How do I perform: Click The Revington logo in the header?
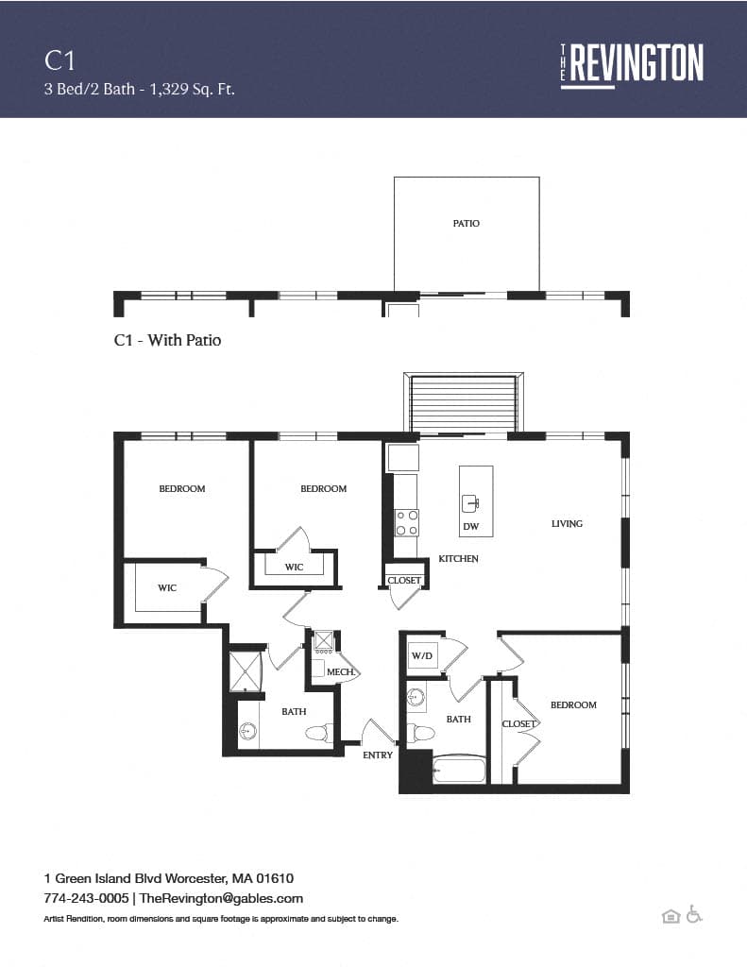click(632, 65)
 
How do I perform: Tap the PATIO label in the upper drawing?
click(467, 223)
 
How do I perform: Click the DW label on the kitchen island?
click(471, 526)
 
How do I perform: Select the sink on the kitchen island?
click(470, 504)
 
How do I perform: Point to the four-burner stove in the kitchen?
click(407, 523)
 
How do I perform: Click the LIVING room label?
click(567, 523)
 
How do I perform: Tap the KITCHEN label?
click(458, 559)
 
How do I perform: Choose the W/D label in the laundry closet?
click(422, 655)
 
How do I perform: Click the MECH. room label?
click(341, 671)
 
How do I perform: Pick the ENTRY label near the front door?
click(378, 755)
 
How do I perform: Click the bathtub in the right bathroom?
click(459, 771)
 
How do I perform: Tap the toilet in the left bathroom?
click(319, 733)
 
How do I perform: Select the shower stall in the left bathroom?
click(246, 671)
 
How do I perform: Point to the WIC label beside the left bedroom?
click(167, 587)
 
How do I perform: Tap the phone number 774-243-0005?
click(86, 899)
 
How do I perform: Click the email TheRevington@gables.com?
click(221, 899)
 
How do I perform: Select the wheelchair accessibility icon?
click(694, 914)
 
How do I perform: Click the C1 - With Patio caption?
click(168, 340)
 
